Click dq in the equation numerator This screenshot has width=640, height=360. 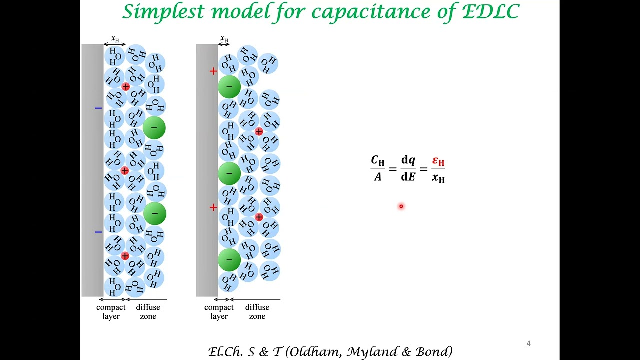click(408, 160)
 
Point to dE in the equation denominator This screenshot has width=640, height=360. click(408, 177)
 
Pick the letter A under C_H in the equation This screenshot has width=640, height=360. click(377, 177)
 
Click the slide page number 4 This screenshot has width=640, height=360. click(528, 343)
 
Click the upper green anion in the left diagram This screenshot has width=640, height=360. click(154, 128)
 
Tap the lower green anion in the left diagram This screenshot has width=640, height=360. click(154, 214)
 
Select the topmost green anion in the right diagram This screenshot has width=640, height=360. click(229, 87)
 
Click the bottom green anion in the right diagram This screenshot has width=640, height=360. click(229, 260)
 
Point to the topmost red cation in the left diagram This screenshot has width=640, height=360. click(125, 87)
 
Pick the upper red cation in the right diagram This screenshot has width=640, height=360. click(259, 131)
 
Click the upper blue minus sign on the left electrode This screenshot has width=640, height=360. click(98, 108)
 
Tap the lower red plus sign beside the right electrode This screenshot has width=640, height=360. click(213, 207)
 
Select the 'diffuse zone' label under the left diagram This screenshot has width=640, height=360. click(148, 312)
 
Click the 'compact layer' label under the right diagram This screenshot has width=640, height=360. click(219, 312)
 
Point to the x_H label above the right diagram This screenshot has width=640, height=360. click(224, 39)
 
